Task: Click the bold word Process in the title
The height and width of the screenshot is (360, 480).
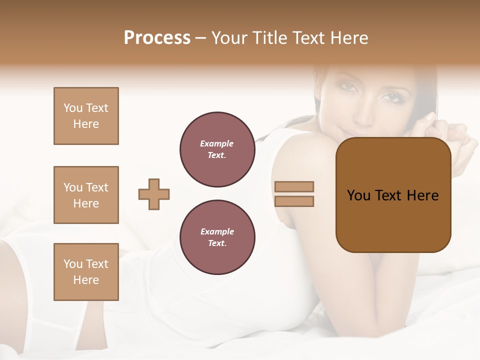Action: click(x=157, y=37)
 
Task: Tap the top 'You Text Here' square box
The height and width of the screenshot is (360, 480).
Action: click(x=86, y=116)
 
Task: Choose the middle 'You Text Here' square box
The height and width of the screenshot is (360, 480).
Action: click(x=86, y=195)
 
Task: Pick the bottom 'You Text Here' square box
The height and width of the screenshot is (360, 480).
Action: click(x=86, y=272)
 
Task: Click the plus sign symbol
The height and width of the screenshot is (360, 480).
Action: click(x=154, y=194)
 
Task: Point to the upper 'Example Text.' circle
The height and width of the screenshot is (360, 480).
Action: click(x=217, y=149)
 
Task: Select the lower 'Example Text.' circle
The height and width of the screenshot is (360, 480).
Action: click(x=217, y=237)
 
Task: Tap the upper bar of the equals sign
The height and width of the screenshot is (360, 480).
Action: click(x=294, y=186)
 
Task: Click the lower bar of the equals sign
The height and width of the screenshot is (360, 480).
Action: click(x=294, y=201)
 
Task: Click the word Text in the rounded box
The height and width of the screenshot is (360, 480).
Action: click(x=387, y=195)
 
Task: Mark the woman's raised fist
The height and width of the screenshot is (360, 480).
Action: click(x=461, y=137)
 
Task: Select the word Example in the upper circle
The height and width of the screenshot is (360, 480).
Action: click(x=216, y=143)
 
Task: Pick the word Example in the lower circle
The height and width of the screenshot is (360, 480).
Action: click(x=217, y=231)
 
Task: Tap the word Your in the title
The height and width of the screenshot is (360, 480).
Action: click(x=228, y=37)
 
